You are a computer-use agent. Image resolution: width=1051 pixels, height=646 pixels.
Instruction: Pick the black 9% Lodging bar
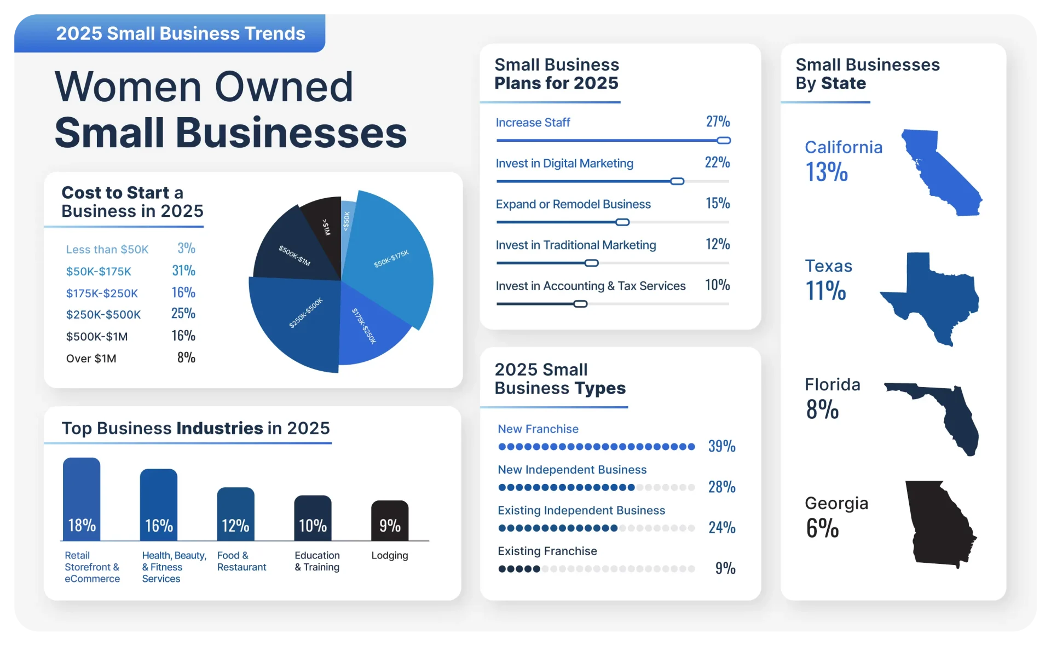coord(390,521)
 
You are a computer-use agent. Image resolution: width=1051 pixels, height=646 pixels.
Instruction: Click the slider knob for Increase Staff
coord(724,141)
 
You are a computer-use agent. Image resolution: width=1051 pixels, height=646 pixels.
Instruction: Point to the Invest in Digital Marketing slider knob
coord(677,181)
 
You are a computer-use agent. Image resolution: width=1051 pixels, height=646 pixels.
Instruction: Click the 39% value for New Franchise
coord(721,446)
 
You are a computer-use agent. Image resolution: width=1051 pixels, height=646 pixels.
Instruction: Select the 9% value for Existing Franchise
coord(725,568)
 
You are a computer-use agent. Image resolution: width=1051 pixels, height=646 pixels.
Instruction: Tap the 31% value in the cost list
coord(183,270)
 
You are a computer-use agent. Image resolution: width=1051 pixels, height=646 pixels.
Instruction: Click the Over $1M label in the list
coord(91,359)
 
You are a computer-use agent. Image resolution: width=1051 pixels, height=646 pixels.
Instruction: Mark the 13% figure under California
coord(827,172)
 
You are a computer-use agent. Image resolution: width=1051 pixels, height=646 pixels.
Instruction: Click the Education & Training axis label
coord(317,561)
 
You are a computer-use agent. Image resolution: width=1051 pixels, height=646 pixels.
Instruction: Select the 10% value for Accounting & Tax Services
coord(717,285)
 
